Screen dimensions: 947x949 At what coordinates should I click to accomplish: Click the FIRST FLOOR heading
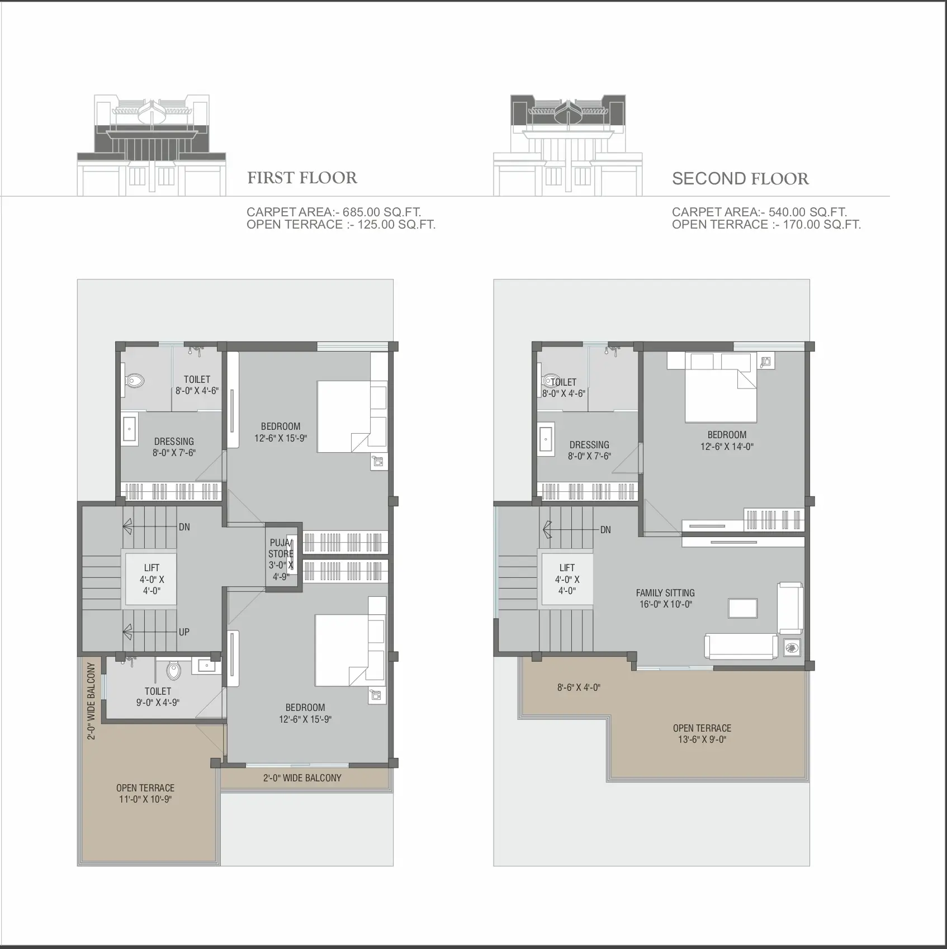(302, 178)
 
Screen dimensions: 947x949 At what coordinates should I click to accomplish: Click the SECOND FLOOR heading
(740, 179)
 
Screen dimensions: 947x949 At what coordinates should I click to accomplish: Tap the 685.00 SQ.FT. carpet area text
(382, 212)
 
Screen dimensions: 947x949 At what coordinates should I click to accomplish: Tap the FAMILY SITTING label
(665, 593)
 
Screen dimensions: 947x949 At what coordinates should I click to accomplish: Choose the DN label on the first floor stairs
(184, 527)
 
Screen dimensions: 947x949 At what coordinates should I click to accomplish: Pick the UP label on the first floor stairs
(184, 632)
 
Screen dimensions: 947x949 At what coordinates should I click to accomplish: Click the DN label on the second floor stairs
(605, 530)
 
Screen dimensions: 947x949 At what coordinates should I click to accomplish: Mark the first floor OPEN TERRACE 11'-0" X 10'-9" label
(145, 794)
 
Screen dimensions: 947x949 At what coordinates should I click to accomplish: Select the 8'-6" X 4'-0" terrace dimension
(579, 687)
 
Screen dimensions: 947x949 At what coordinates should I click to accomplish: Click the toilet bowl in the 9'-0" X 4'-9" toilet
(174, 671)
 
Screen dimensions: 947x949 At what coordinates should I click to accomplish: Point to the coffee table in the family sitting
(742, 608)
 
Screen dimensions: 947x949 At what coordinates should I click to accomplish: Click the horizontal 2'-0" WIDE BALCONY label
(302, 778)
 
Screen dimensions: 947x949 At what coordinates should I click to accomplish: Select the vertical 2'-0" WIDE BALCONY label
(92, 701)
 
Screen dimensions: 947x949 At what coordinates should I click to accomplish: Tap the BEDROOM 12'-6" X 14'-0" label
(727, 440)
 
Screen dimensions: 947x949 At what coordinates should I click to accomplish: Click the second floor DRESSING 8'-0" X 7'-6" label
(589, 450)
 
